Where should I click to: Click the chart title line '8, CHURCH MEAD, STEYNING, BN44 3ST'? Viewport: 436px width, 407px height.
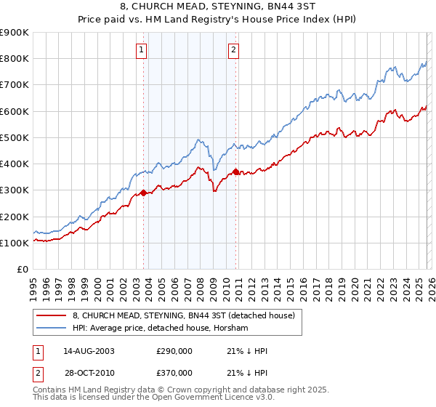pos(218,7)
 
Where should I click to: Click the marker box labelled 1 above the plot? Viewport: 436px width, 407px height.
pos(141,50)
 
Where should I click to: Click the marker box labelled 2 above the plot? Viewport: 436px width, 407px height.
pos(234,50)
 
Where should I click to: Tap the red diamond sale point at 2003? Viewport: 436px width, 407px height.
pos(143,193)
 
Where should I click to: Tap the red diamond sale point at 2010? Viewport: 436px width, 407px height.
pos(235,172)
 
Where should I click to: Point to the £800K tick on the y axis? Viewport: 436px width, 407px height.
pos(15,59)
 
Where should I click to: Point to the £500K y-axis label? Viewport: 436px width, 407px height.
pos(15,137)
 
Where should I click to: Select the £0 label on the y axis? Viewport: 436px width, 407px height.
pos(21,269)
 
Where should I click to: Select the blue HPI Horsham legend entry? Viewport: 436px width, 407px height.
pos(160,329)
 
